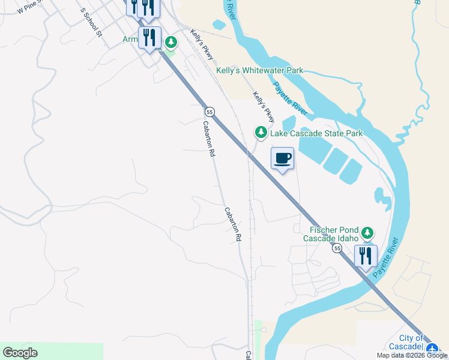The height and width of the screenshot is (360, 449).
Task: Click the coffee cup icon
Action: pos(283,158)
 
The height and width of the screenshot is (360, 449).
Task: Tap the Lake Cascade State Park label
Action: pos(316,133)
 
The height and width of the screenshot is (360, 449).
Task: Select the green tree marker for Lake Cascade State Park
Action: pos(261,132)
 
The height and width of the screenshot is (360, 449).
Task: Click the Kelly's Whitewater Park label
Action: pos(261,71)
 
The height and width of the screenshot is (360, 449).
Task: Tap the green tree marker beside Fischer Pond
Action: pos(367,232)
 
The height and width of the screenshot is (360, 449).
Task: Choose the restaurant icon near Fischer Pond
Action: pos(366,256)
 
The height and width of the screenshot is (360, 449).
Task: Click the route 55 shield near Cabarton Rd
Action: pos(209,112)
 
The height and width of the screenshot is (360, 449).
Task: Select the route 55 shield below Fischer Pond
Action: pos(338,248)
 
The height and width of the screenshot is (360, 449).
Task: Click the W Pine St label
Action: pos(30,8)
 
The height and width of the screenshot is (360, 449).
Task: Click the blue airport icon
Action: pos(433,347)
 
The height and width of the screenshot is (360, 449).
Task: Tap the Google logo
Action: pos(20,353)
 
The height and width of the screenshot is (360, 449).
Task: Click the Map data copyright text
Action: pos(412,355)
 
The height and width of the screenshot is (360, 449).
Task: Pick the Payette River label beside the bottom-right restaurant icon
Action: pos(385,258)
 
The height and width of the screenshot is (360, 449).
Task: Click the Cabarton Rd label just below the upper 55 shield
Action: pos(208,139)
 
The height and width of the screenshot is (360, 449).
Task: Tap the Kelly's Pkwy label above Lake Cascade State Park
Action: pos(267,106)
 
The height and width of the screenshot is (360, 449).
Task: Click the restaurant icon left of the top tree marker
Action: pos(149,38)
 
